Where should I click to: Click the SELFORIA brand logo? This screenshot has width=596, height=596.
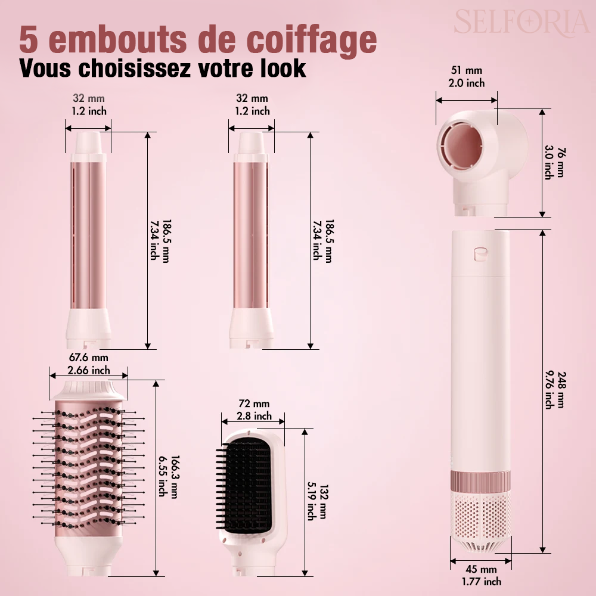pyautogui.click(x=521, y=22)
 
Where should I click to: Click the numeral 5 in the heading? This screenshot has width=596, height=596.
pyautogui.click(x=30, y=39)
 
